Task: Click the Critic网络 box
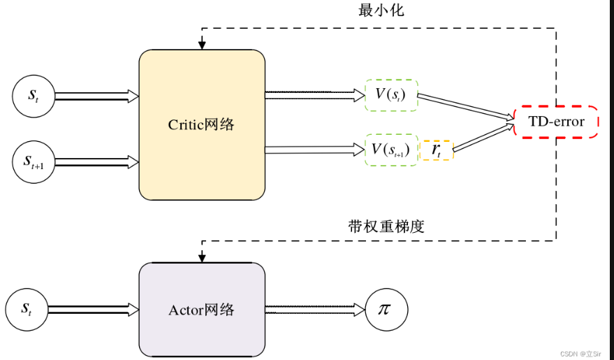click(202, 124)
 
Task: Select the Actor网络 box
click(202, 309)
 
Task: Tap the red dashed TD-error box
click(556, 122)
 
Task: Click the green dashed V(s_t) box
click(391, 95)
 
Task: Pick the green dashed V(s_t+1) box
click(391, 149)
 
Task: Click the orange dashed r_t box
click(437, 150)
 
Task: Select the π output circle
click(386, 309)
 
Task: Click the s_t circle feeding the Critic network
click(33, 96)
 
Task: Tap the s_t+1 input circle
click(33, 161)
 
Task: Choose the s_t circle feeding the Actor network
click(26, 309)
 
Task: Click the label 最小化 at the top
click(381, 10)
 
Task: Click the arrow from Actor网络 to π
click(314, 309)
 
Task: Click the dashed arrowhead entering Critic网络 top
click(202, 45)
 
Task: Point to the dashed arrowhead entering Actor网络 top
click(202, 258)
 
